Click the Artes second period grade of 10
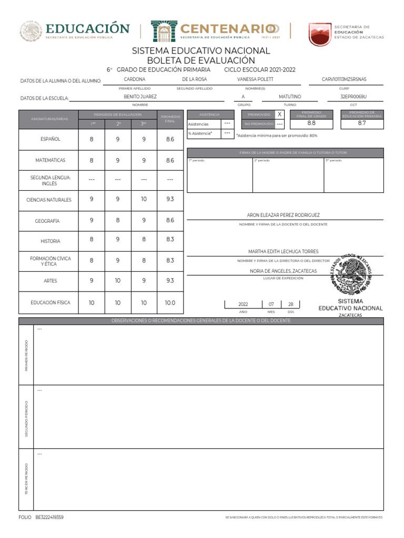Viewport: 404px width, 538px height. (x=118, y=281)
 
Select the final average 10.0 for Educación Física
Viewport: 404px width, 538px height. (x=170, y=303)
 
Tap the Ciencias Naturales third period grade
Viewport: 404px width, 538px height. (x=144, y=199)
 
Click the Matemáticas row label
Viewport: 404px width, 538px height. (x=50, y=160)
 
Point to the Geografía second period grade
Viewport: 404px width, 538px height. (x=118, y=221)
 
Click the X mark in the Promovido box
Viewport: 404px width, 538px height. (x=280, y=114)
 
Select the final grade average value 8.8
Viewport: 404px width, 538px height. (x=311, y=123)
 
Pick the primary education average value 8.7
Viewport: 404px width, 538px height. (x=362, y=123)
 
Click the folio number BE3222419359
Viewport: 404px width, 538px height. (x=49, y=518)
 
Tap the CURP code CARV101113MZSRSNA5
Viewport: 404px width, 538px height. (x=344, y=79)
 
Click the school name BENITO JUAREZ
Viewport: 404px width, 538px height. (x=140, y=97)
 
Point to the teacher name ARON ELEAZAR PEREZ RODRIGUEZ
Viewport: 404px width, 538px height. (x=283, y=215)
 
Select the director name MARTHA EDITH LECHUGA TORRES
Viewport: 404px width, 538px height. (x=283, y=252)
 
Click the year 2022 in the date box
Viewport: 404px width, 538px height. (x=243, y=304)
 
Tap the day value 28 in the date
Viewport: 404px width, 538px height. (x=291, y=304)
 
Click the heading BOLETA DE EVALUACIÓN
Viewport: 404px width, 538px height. (x=200, y=61)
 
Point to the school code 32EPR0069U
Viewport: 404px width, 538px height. (x=353, y=97)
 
